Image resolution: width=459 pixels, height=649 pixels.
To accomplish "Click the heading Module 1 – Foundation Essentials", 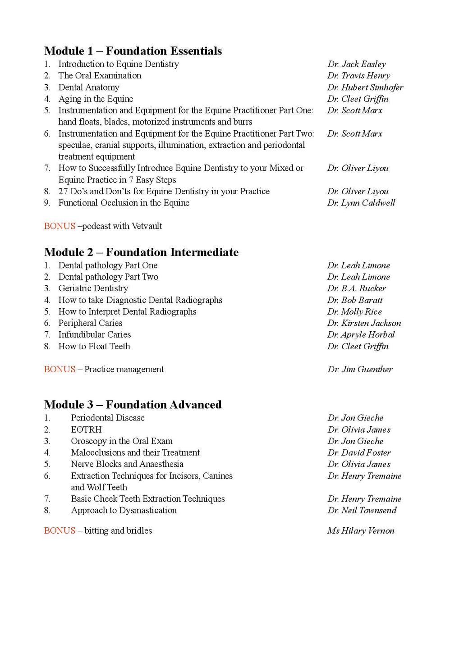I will [133, 51].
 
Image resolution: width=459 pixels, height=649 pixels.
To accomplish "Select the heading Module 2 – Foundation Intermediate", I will [141, 252].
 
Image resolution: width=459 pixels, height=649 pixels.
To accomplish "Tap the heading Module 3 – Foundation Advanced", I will [133, 405].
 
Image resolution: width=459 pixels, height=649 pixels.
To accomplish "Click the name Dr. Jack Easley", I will [357, 64].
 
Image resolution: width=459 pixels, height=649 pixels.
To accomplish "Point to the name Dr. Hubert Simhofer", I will [365, 87].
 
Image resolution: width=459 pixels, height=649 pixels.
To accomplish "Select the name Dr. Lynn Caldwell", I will [361, 203].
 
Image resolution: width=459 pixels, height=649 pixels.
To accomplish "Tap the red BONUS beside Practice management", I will [60, 370].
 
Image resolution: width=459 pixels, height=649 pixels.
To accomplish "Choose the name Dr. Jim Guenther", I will [360, 370].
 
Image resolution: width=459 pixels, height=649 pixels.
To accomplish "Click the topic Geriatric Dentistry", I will [93, 288].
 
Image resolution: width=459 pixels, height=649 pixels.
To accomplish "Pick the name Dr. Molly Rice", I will [355, 312].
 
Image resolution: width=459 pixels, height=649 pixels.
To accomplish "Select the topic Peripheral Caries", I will [90, 323].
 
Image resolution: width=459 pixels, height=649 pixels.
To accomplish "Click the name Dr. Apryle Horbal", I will [361, 335].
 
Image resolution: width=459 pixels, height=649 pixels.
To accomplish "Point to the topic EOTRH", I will [86, 430].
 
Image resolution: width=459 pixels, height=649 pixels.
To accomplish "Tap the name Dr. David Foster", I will [359, 453].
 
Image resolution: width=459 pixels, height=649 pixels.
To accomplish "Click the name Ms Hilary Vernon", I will [361, 531].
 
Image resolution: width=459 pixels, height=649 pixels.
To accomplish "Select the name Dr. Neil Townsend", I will [362, 511].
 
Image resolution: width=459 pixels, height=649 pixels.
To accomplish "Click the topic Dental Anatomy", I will [89, 87].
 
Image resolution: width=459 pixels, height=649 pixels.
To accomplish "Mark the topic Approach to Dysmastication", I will [124, 511].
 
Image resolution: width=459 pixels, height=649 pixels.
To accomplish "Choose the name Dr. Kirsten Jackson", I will [364, 323].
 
